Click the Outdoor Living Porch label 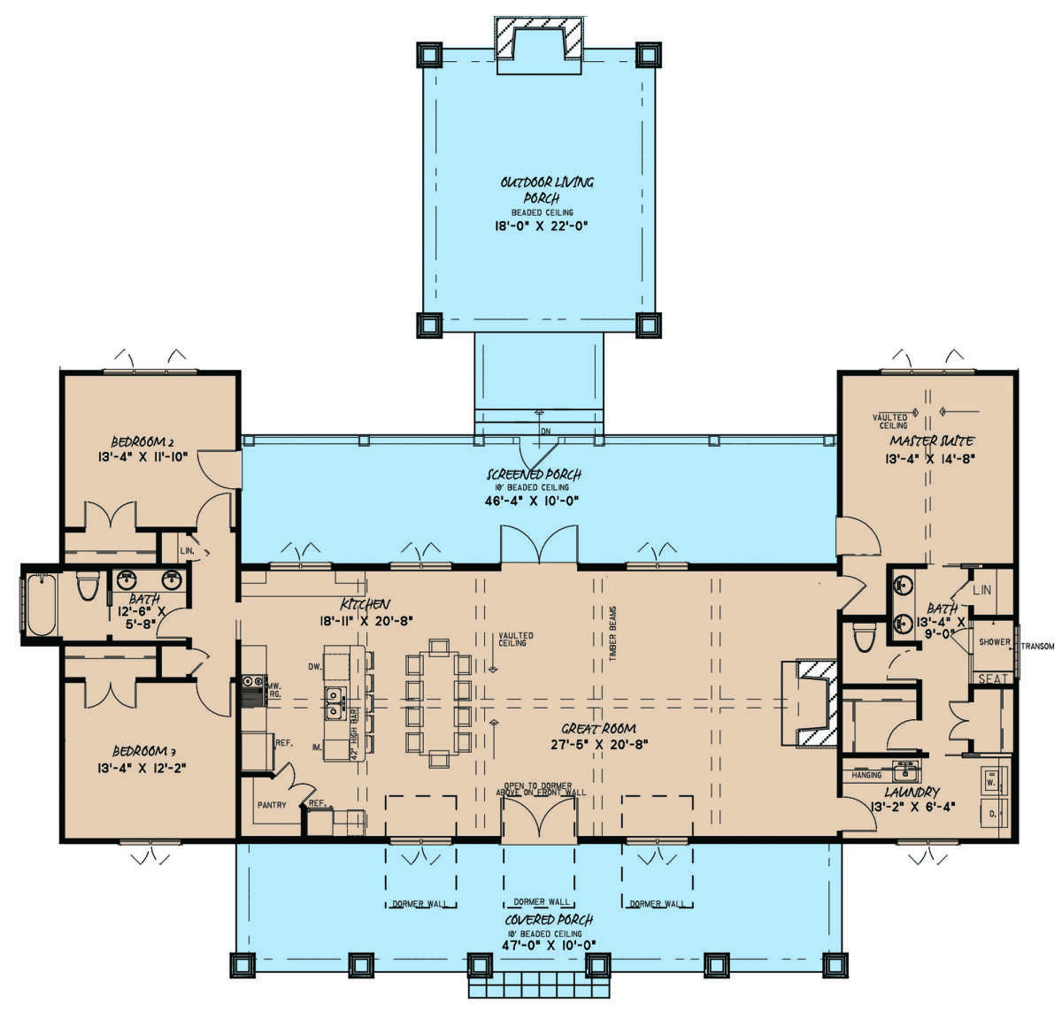[x=546, y=189]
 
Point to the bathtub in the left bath [x=42, y=605]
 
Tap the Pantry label [x=271, y=806]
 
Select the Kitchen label [x=365, y=603]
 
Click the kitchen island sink [x=335, y=701]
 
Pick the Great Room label [x=598, y=729]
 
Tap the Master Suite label [x=932, y=441]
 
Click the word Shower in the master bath [x=994, y=642]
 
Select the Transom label [x=1036, y=647]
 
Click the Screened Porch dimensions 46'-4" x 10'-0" [x=538, y=501]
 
